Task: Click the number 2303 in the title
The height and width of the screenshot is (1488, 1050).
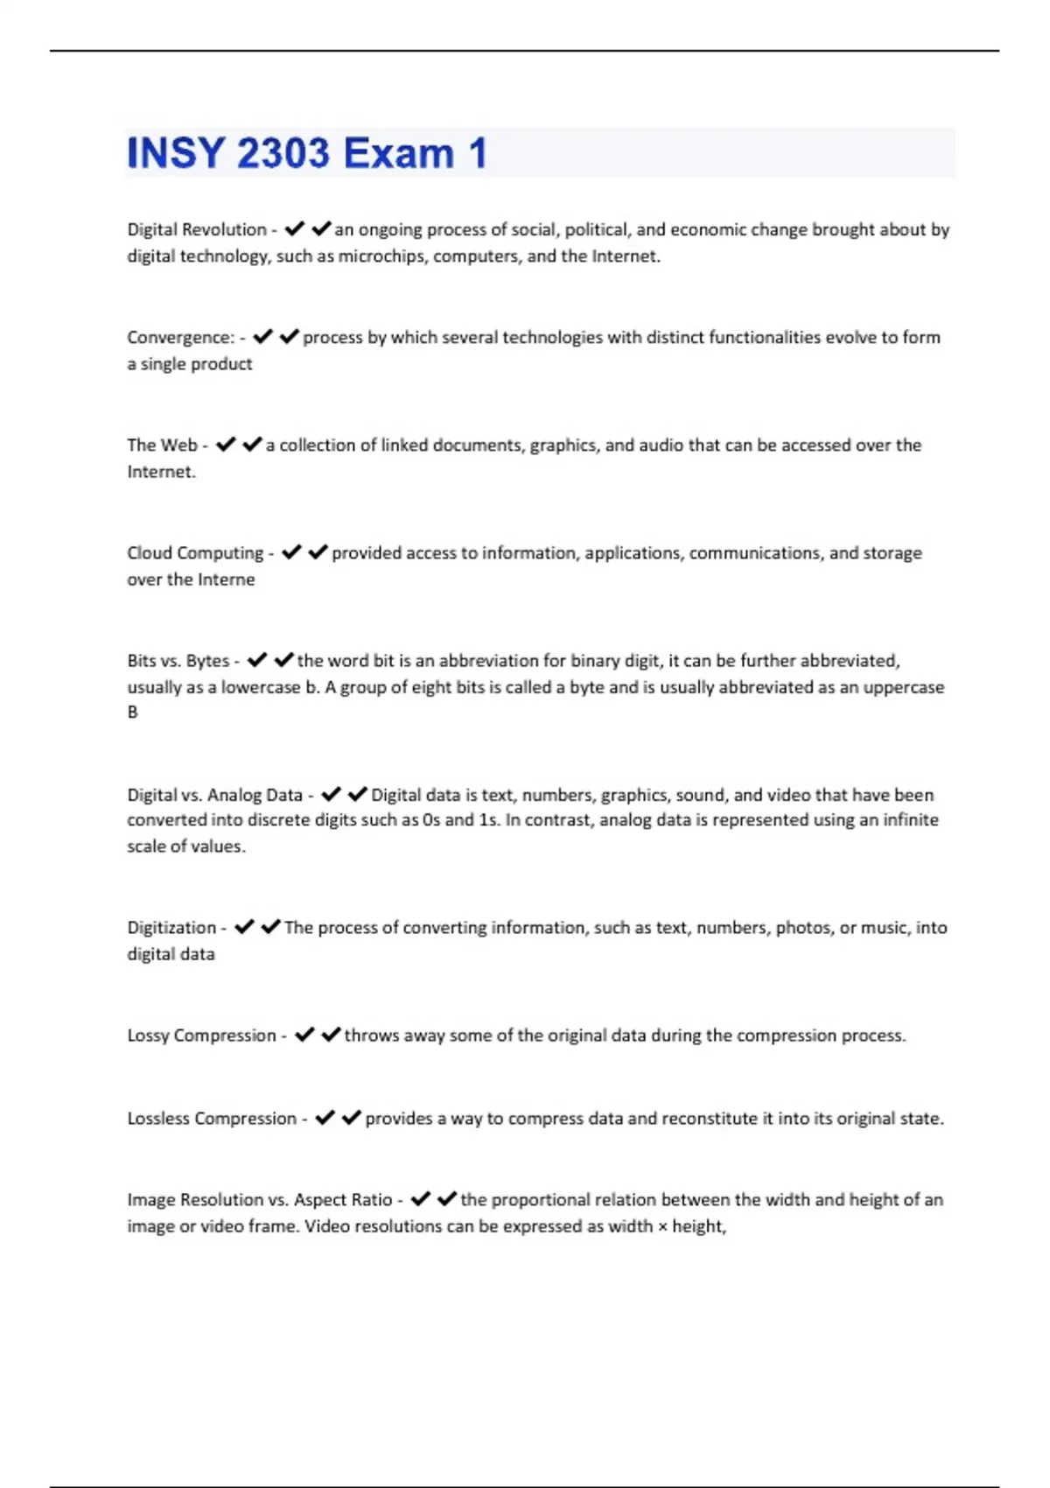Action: pyautogui.click(x=283, y=154)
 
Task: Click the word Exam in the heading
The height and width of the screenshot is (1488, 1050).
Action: pyautogui.click(x=398, y=154)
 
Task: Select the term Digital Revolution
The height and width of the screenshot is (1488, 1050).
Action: pyautogui.click(x=197, y=230)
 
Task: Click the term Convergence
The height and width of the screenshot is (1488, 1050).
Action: pyautogui.click(x=180, y=338)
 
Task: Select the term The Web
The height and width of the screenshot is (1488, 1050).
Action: pyautogui.click(x=162, y=446)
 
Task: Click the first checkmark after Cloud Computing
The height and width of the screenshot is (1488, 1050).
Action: pyautogui.click(x=291, y=552)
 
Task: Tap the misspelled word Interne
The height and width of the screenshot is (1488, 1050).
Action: pyautogui.click(x=226, y=579)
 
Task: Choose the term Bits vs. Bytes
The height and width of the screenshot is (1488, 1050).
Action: pyautogui.click(x=178, y=661)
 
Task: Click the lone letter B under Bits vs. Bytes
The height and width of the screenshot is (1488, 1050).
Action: pyautogui.click(x=133, y=712)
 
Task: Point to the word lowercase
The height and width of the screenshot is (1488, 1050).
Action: pyautogui.click(x=260, y=688)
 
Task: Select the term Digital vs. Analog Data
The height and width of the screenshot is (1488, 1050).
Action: pyautogui.click(x=214, y=796)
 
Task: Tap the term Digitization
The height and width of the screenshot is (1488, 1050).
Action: pyautogui.click(x=171, y=928)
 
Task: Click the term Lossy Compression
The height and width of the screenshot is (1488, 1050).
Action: pyautogui.click(x=201, y=1035)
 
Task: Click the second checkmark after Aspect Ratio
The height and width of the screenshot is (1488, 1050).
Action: pyautogui.click(x=447, y=1199)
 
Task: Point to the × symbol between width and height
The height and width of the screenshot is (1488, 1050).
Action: pyautogui.click(x=662, y=1227)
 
